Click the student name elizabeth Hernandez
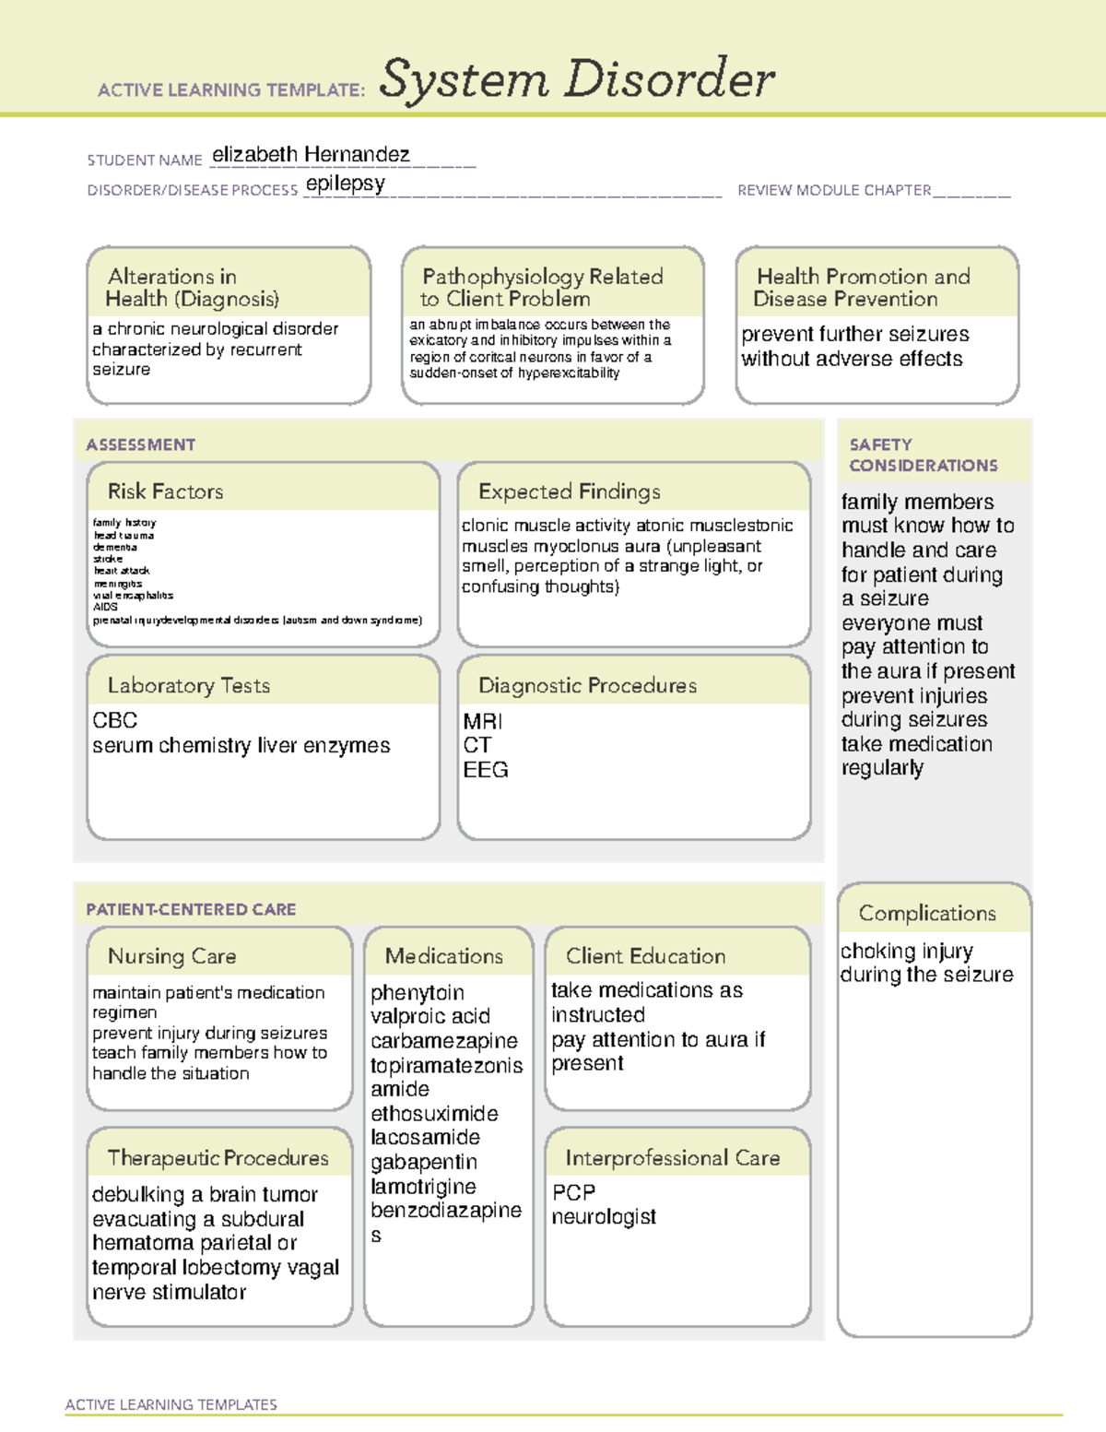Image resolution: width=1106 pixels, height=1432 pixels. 311,155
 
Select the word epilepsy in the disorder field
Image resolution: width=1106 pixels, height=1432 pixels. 345,183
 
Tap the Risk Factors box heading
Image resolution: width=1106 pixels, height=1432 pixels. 165,491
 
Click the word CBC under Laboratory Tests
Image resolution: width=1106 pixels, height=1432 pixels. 115,720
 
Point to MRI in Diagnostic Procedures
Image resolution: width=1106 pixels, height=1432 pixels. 483,721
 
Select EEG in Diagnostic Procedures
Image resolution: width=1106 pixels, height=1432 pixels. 486,770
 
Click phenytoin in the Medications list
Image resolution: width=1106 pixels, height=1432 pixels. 417,993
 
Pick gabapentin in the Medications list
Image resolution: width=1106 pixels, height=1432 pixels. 424,1162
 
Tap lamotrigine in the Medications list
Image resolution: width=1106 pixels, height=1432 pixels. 423,1187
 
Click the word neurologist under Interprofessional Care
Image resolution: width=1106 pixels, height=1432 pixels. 604,1217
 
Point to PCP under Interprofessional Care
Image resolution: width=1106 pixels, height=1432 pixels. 573,1192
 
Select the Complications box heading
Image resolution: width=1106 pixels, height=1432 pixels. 927,913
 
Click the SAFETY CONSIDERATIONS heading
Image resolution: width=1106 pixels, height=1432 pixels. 923,456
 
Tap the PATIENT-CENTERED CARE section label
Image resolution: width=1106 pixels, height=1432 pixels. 191,909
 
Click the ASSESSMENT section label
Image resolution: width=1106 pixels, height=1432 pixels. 141,444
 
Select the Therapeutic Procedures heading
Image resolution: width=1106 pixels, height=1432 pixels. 218,1157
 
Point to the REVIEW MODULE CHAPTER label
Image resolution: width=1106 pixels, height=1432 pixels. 834,190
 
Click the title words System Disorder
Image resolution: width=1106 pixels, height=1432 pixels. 577,79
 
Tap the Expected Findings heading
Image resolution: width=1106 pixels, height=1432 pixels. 570,491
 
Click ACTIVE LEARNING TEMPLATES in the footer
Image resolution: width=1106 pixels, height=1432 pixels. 171,1404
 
